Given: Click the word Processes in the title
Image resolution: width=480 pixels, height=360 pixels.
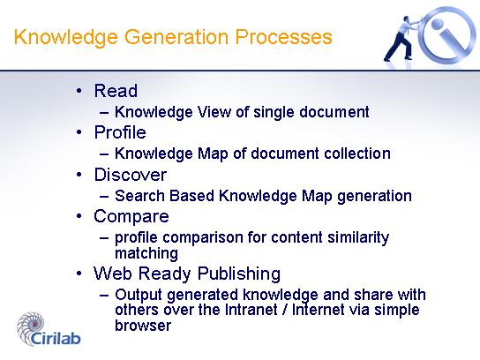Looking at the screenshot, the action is (x=283, y=37).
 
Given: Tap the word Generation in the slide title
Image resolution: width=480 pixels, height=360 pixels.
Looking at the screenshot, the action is (x=176, y=38).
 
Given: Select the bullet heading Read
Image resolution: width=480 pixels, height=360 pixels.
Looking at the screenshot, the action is (x=116, y=91).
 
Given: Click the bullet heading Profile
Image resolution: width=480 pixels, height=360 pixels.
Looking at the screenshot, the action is (x=120, y=132).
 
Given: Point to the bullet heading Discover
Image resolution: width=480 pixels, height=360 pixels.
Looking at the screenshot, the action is (x=131, y=175).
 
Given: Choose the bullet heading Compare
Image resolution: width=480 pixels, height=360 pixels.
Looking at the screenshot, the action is (x=131, y=217).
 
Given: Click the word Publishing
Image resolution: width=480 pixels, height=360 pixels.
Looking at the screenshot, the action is (x=239, y=274).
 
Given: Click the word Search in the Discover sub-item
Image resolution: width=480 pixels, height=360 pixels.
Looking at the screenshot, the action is (x=139, y=196).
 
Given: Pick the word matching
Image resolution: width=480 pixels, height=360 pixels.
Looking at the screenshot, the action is (x=146, y=254).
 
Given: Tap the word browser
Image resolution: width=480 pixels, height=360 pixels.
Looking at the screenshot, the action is (x=143, y=326).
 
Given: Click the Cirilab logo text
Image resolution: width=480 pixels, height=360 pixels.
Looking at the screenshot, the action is (x=56, y=338).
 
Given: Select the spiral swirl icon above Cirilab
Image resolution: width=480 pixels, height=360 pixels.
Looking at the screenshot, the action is (x=30, y=327).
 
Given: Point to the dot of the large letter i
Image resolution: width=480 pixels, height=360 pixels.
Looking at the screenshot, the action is (x=438, y=24).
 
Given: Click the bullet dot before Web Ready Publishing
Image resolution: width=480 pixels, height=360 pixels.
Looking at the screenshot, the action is (x=79, y=274).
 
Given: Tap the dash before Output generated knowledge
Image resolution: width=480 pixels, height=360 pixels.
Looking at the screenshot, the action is (x=104, y=295).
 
